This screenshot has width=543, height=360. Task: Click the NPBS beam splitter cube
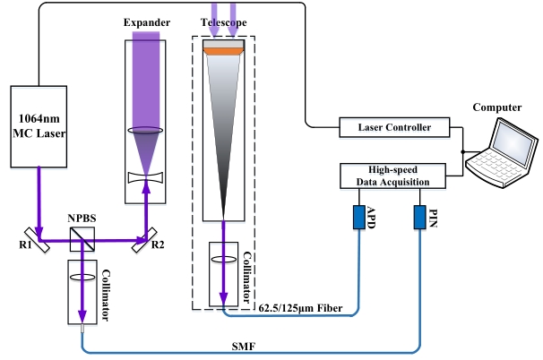(x=82, y=238)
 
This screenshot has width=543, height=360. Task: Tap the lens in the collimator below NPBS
(x=82, y=278)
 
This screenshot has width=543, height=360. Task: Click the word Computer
(x=497, y=108)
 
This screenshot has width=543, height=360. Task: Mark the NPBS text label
(x=82, y=216)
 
